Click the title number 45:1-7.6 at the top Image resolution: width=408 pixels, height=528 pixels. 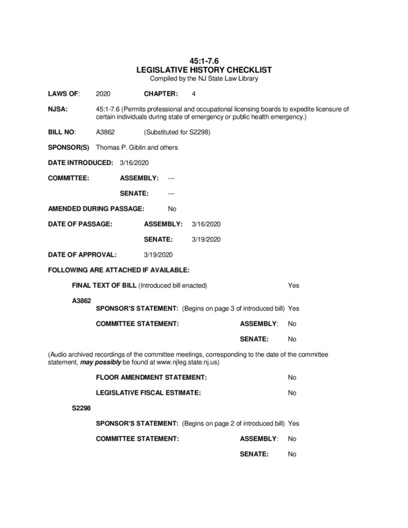[203, 60]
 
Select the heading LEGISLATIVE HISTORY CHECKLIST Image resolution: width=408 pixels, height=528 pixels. [203, 69]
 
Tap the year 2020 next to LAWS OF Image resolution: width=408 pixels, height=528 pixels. [104, 94]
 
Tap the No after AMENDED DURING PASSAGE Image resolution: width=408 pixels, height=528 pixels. [172, 209]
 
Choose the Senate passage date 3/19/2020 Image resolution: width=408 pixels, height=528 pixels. [205, 238]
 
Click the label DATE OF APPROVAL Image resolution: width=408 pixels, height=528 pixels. [83, 254]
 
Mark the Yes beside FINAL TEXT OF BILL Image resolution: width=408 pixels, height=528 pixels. [294, 285]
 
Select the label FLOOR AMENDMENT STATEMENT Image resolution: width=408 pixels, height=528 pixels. [152, 377]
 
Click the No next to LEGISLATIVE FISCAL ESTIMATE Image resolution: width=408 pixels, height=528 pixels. [292, 393]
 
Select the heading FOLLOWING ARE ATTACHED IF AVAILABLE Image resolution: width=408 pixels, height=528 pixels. [119, 270]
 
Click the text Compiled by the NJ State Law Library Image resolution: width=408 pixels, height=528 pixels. [203, 79]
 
